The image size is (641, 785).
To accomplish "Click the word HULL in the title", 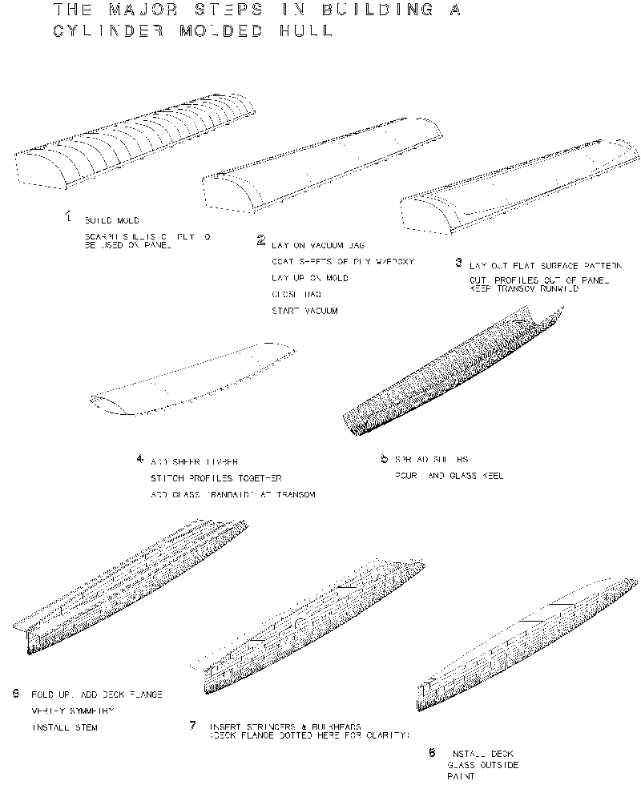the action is click(x=300, y=32).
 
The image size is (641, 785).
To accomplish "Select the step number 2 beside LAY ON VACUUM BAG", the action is click(x=261, y=240).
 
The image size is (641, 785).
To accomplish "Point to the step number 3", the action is click(x=458, y=262).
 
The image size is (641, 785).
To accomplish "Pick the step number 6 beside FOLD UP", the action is click(x=16, y=693).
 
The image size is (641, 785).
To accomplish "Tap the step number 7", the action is click(x=193, y=726).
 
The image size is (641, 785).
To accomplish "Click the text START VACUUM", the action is click(x=305, y=311).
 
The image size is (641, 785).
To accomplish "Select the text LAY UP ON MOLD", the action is click(x=309, y=278).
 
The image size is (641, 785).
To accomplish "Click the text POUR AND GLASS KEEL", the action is click(x=449, y=476).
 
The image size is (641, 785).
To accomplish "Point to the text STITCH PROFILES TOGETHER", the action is click(x=212, y=478).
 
